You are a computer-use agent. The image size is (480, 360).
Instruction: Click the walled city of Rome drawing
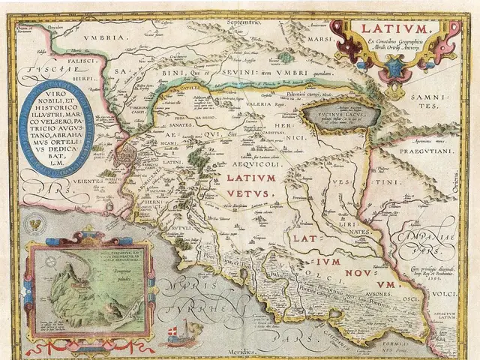[130, 160]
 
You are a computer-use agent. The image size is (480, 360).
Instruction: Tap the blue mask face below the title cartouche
[394, 70]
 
